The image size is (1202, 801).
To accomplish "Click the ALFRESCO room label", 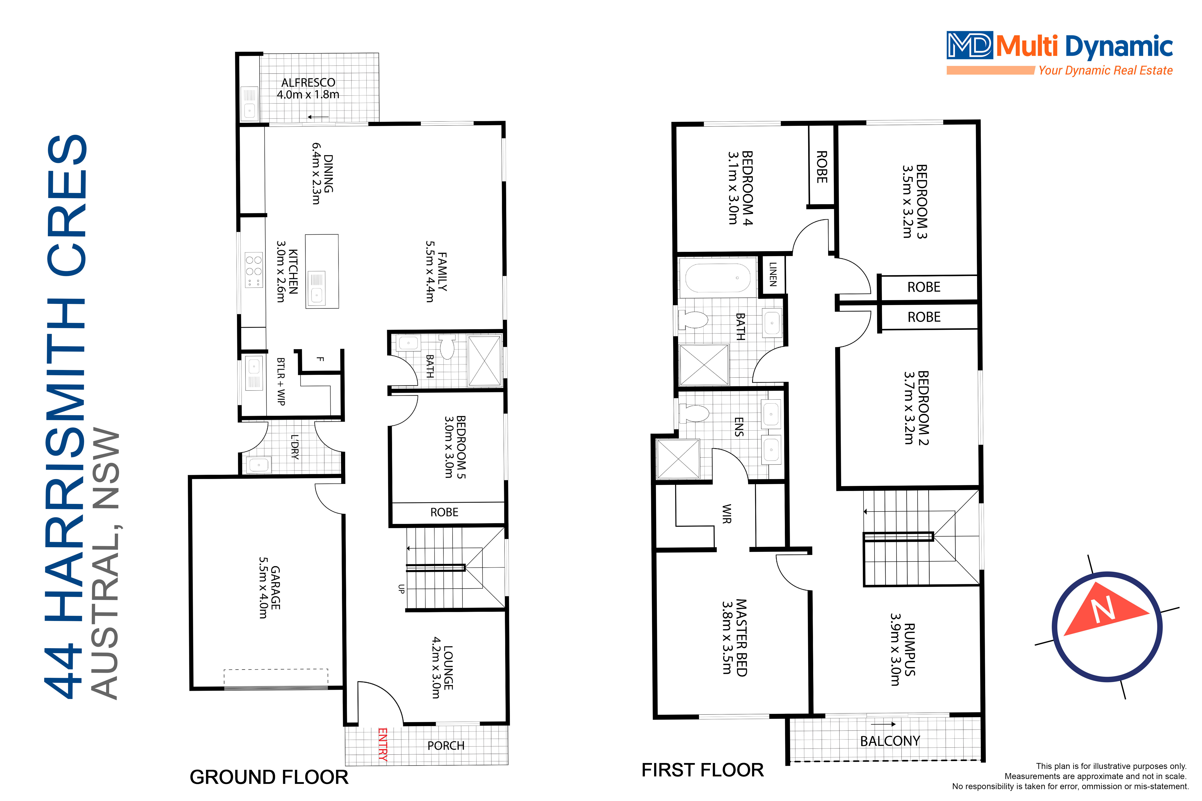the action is (308, 82).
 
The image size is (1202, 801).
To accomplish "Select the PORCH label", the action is (446, 746).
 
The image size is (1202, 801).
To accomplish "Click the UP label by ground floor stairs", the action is (401, 588).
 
